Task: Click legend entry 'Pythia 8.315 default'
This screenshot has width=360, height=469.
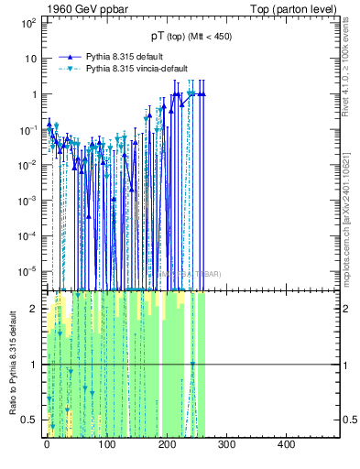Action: [128, 56]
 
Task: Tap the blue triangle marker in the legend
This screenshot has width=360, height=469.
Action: [70, 56]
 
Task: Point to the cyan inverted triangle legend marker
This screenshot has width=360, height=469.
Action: [70, 69]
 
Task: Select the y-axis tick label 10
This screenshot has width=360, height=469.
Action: [29, 58]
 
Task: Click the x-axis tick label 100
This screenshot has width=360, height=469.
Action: [107, 446]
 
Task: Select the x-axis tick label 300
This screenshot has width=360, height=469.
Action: [227, 446]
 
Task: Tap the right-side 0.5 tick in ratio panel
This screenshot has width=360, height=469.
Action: [349, 420]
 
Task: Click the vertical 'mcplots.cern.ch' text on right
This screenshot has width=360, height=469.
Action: [352, 201]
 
